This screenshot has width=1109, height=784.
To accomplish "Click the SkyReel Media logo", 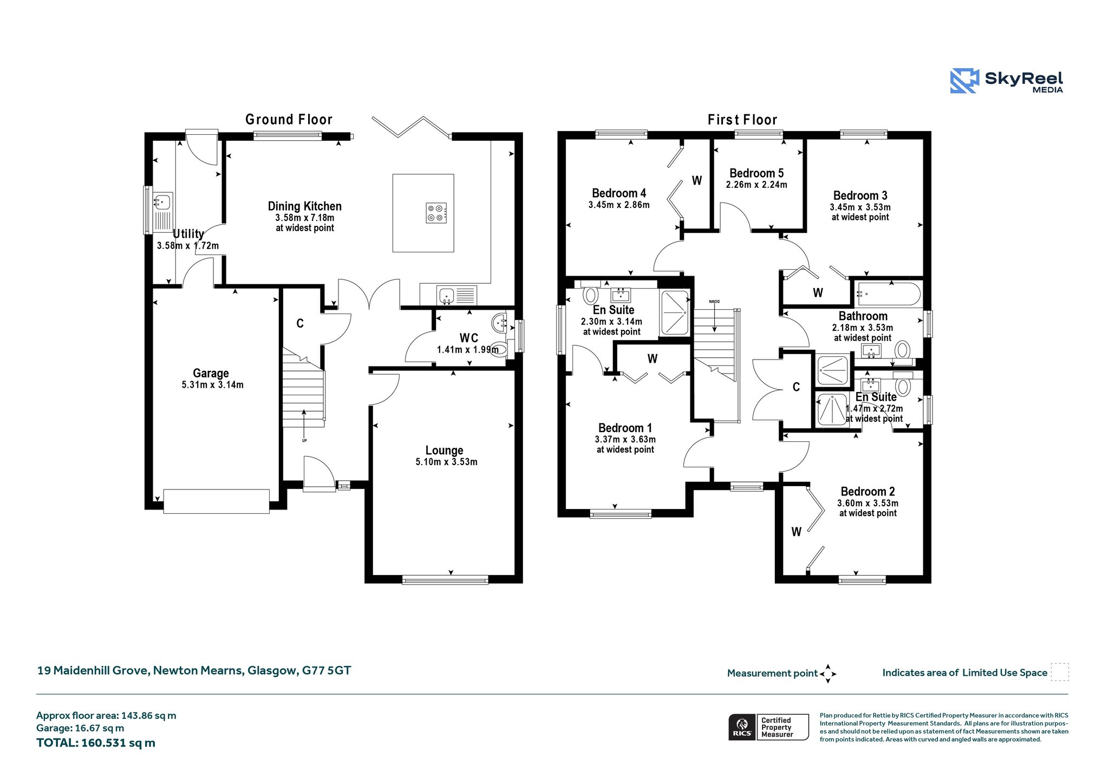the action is pos(1006,81).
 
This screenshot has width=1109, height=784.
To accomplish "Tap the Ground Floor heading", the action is pos(289,119).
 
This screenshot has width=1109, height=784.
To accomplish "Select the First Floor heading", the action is pos(742,120).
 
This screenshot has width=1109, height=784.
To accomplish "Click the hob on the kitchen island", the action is pos(436,213).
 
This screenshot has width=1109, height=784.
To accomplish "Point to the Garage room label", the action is pos(211,373).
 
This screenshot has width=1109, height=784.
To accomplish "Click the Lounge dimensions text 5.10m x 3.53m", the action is pos(446,462).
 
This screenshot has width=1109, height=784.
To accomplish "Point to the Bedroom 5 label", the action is pos(756,173).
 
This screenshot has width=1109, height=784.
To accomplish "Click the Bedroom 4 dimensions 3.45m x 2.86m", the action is pos(619,205).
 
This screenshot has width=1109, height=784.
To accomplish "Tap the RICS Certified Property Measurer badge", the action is pos(768,727).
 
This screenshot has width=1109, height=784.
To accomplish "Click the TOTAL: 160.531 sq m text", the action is pos(96,743).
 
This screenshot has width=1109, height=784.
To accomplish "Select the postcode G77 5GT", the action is pos(327,670).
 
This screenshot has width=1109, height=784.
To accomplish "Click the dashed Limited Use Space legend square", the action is pos(1060,672).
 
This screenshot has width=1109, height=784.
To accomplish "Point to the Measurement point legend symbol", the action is pos(828,674).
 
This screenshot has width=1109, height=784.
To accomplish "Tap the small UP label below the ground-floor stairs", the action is pos(304,441).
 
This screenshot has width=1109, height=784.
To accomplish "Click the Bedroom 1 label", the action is pos(625,428).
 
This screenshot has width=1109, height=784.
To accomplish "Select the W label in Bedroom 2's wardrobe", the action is pos(796,532).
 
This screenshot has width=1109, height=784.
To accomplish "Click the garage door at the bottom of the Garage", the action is pos(216,501).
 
